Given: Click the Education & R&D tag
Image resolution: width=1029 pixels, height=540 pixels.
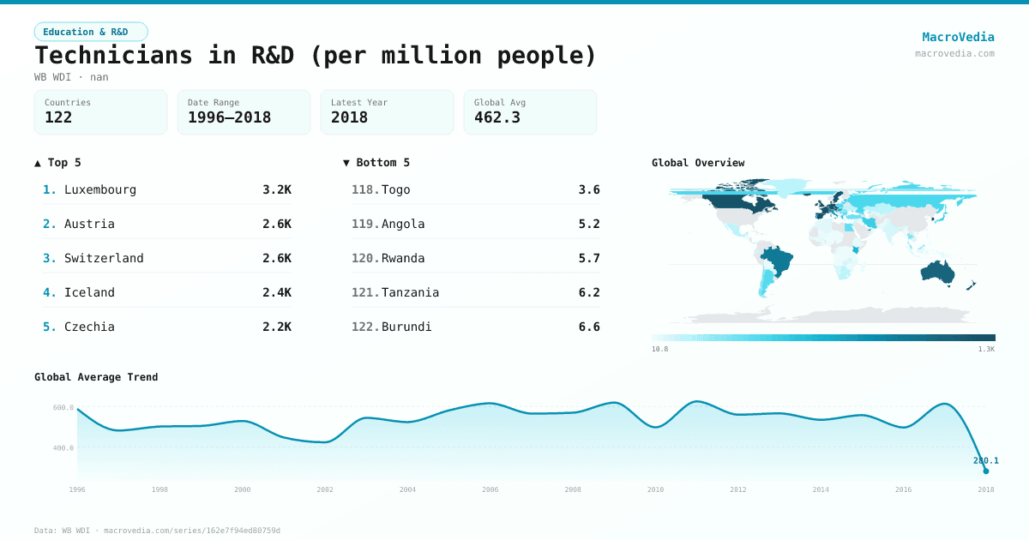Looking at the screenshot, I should coord(91,32).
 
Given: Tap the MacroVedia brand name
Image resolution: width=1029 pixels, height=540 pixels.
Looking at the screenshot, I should coord(958,37).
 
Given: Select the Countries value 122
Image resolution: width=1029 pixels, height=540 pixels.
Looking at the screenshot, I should coord(58,117).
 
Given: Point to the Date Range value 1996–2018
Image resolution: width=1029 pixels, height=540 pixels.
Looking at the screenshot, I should coord(229,117).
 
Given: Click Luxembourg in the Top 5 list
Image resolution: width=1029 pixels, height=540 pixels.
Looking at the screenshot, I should coord(100,189).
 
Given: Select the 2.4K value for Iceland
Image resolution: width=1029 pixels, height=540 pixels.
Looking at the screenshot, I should coord(276,292).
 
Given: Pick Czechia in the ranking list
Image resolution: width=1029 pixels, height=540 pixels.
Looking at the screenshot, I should coord(89,327).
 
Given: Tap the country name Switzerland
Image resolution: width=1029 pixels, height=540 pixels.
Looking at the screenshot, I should coord(104,258).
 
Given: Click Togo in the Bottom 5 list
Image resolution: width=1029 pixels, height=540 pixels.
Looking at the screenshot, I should coord(395,189).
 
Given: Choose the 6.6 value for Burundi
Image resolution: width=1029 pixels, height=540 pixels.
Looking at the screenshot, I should coord(589,327).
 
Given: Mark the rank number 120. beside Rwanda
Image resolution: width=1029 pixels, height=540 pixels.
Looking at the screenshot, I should coord(365,258).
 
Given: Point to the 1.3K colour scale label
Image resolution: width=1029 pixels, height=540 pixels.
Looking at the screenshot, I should coord(986,350).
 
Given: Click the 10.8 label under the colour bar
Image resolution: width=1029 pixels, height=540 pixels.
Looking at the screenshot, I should coord(659,350).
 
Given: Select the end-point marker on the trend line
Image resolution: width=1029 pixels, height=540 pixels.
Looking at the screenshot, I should coord(986,471).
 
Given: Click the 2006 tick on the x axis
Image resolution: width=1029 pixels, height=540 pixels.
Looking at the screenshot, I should coord(490,489).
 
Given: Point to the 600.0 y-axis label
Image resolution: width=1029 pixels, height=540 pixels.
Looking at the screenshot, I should coord(63,408).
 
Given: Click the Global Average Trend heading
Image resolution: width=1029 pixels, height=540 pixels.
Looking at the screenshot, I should coord(96,377).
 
